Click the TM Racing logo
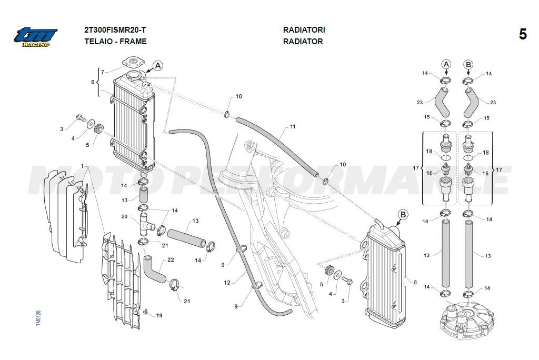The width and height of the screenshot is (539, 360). click(36, 36)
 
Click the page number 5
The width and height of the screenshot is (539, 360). click(523, 35)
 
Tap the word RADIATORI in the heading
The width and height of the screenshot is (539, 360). click(304, 30)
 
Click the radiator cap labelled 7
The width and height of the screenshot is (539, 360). click(134, 63)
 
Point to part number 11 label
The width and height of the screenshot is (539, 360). click(293, 127)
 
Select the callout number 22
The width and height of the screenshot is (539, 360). click(171, 259)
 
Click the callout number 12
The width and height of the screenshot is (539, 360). click(227, 283)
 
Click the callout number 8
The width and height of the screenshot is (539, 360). click(415, 283)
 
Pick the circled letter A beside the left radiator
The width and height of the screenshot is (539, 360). click(158, 66)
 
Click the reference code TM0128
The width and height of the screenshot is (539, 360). click(38, 318)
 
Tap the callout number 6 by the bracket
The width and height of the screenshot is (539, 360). click(93, 82)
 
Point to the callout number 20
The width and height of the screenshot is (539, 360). click(124, 217)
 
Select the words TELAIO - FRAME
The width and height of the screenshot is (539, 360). click(115, 41)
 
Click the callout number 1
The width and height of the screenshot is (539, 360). click(82, 166)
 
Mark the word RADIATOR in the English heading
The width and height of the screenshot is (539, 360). click(303, 41)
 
